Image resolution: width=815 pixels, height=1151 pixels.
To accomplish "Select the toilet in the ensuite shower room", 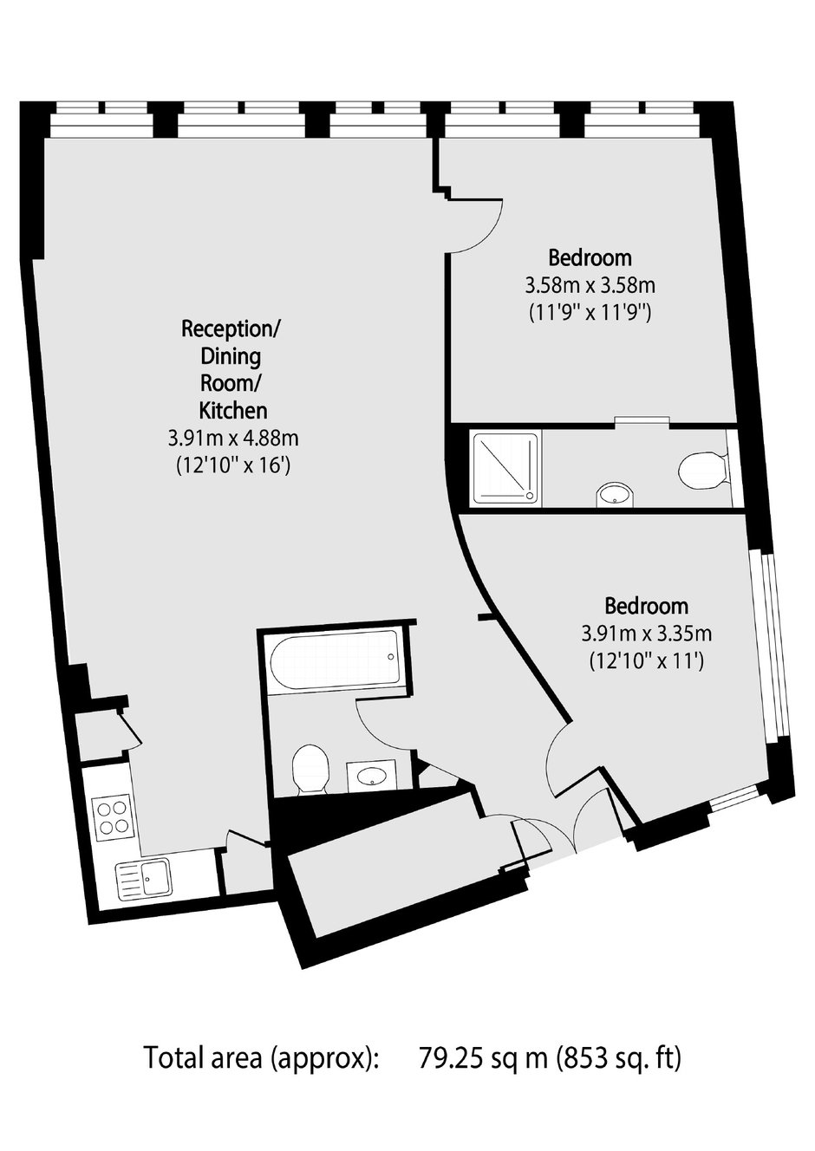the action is coord(703,468).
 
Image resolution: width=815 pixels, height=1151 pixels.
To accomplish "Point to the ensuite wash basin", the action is coord(616,494).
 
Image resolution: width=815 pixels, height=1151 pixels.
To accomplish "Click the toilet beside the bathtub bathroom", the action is coord(310,770).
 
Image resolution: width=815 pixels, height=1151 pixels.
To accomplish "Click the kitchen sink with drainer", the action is coord(143,878).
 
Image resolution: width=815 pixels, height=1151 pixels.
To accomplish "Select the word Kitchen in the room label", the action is coord(233,411).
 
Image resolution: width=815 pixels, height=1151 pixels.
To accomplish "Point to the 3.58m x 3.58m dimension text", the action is coord(590,286).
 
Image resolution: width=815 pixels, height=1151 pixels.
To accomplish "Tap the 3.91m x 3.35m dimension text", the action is coord(647,634).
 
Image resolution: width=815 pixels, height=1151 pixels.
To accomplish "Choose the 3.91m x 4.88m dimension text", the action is coord(233,439).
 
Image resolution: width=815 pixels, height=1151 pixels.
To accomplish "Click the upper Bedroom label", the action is coord(590,258).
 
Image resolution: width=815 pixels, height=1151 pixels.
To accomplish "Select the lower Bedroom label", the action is coord(647,607).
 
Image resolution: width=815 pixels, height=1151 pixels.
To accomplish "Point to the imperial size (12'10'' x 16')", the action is coord(233,466).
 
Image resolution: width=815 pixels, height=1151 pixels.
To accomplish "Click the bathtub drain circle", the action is coord(390,657).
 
